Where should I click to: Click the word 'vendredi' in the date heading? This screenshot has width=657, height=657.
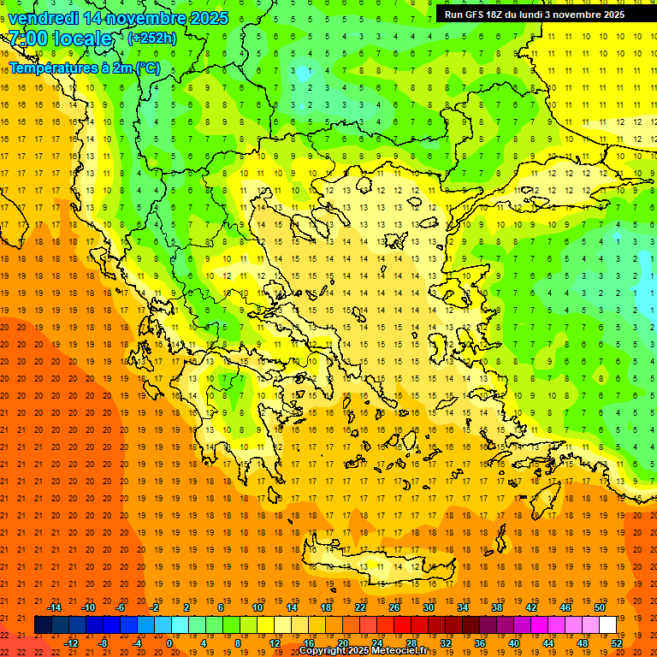coord(44,18)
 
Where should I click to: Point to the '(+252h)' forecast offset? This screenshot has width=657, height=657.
coord(151,38)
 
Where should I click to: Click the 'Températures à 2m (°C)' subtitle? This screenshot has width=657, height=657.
coord(84,68)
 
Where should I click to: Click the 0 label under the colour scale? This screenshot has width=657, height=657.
coord(169,643)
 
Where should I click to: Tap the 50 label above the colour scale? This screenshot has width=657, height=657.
coord(599,607)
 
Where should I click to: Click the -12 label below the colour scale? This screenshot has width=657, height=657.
coord(71,643)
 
